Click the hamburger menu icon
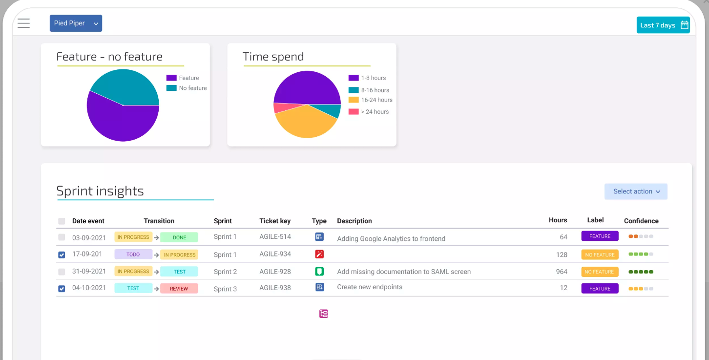point(23,23)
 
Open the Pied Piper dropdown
point(76,23)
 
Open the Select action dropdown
point(636,191)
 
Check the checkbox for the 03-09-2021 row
point(62,237)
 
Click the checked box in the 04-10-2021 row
point(62,289)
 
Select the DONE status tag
point(179,237)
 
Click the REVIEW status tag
point(179,289)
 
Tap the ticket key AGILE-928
point(275,272)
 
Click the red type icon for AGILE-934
point(319,254)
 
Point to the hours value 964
point(562,272)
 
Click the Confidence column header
point(641,221)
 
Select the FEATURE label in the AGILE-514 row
point(600,236)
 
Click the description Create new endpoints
point(370,287)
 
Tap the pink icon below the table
point(323,314)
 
